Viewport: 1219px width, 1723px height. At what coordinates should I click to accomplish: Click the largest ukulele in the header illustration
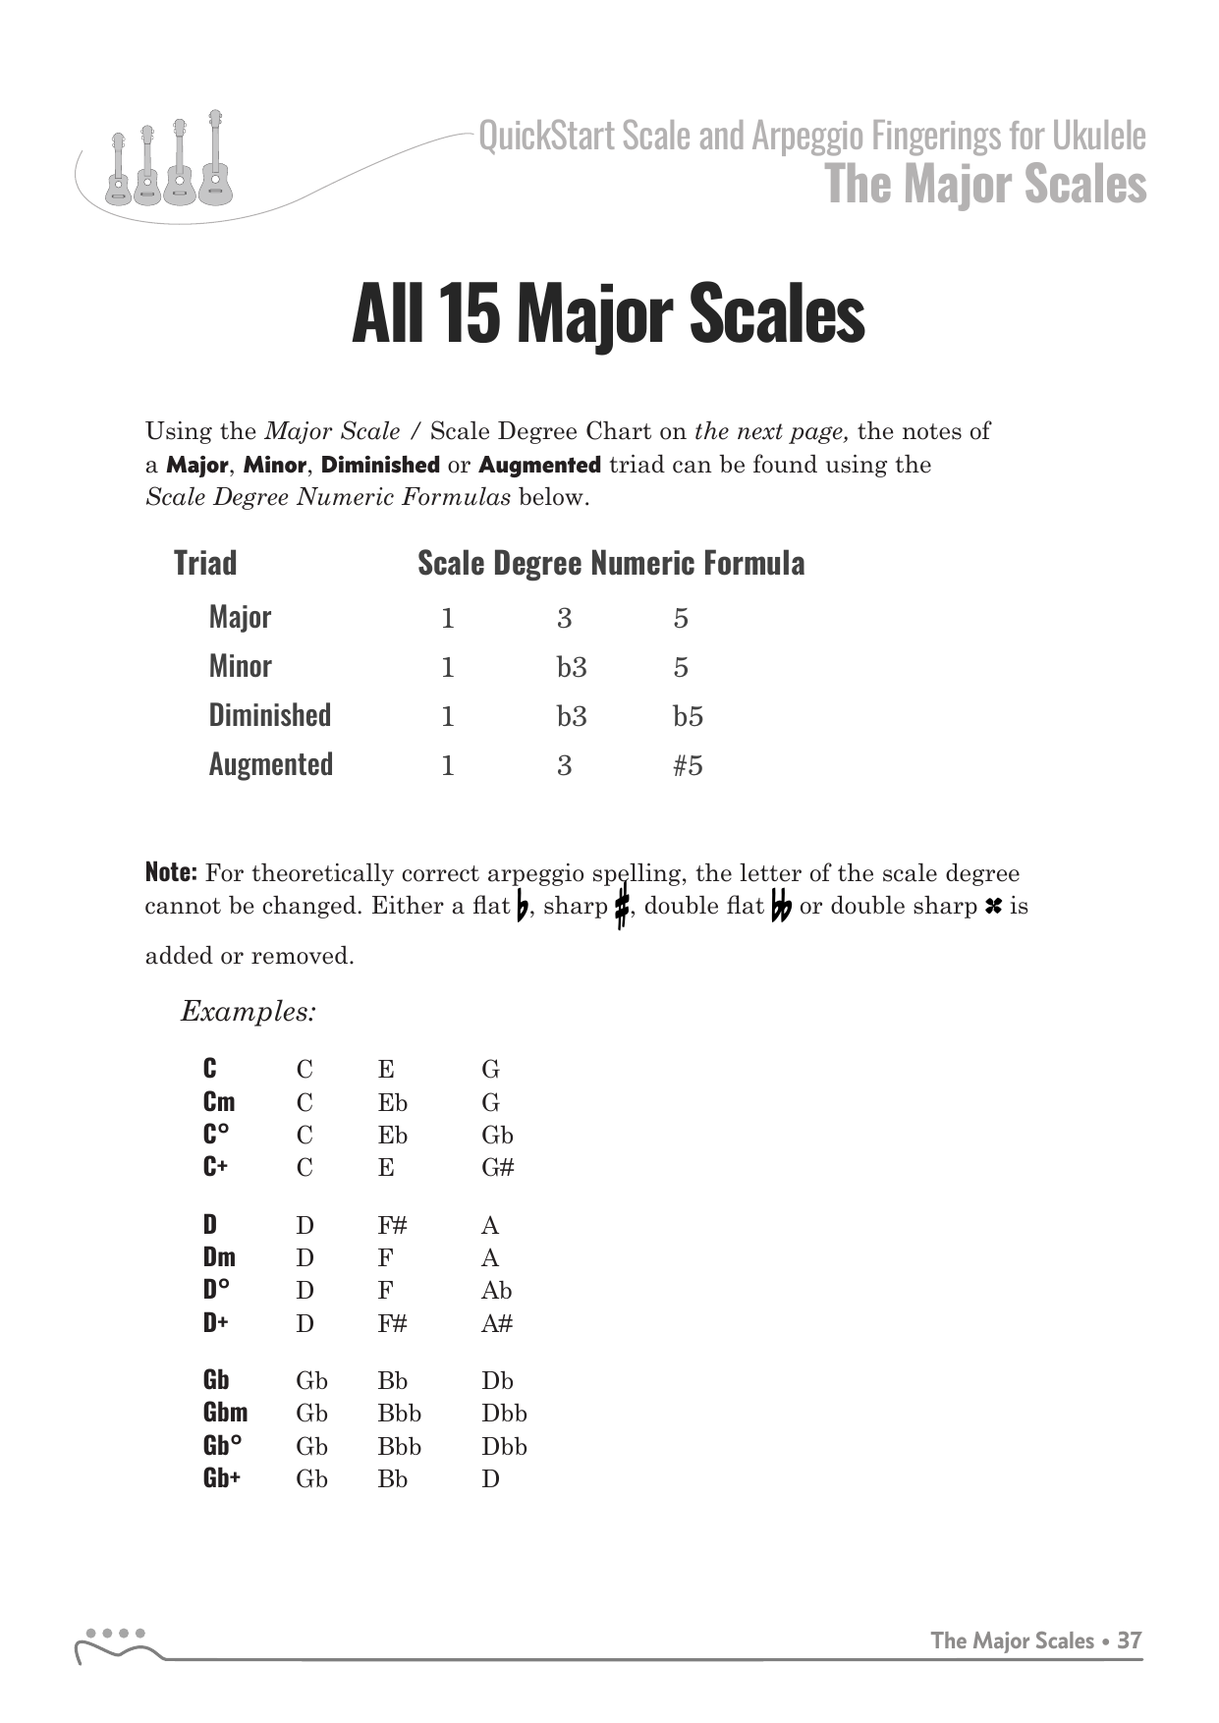pyautogui.click(x=214, y=162)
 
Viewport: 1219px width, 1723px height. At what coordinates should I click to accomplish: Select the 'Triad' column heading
pyautogui.click(x=205, y=563)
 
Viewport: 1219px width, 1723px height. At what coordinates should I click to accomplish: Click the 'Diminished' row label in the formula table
pyautogui.click(x=269, y=715)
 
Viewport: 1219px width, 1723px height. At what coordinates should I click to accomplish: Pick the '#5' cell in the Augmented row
pyautogui.click(x=688, y=765)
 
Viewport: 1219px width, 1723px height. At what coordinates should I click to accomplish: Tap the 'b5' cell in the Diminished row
pyautogui.click(x=688, y=716)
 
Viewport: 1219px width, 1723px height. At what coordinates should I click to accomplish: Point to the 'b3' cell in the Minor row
pyautogui.click(x=572, y=667)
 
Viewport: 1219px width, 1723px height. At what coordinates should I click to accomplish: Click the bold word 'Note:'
pyautogui.click(x=171, y=872)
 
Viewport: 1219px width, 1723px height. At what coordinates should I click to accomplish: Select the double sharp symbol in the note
pyautogui.click(x=992, y=907)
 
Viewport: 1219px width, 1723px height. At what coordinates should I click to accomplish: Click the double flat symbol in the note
pyautogui.click(x=781, y=907)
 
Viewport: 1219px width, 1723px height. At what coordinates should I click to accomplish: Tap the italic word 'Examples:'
pyautogui.click(x=249, y=1011)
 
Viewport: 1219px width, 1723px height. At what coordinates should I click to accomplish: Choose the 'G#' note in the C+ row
pyautogui.click(x=497, y=1167)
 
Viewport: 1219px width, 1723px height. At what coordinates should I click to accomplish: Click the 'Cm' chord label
pyautogui.click(x=219, y=1101)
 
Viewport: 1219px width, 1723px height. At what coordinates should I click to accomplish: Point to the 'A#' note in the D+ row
pyautogui.click(x=497, y=1323)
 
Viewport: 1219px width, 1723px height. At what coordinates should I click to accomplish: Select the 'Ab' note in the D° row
pyautogui.click(x=496, y=1290)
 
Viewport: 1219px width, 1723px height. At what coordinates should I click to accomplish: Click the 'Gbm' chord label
pyautogui.click(x=225, y=1413)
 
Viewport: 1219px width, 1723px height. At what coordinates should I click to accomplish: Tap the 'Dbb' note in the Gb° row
pyautogui.click(x=504, y=1446)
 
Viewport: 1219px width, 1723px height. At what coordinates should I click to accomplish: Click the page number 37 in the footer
pyautogui.click(x=1130, y=1640)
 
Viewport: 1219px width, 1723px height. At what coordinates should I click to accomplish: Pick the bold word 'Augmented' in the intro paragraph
pyautogui.click(x=539, y=465)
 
